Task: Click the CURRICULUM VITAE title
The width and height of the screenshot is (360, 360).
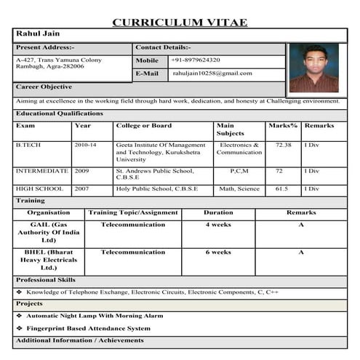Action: (x=180, y=22)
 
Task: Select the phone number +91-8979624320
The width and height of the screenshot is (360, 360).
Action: (x=196, y=60)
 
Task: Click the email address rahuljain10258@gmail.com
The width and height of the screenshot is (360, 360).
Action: (x=212, y=73)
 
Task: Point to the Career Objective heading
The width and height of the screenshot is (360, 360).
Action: (x=44, y=87)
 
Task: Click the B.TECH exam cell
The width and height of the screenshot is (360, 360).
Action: (x=28, y=145)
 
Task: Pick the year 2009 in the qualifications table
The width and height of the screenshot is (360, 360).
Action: (x=81, y=171)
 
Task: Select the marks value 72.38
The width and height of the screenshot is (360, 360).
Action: (x=283, y=145)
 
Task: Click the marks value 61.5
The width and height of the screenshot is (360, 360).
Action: (x=281, y=188)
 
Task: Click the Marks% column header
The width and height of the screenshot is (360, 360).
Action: (x=283, y=126)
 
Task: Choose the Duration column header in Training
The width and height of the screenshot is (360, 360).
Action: (x=218, y=213)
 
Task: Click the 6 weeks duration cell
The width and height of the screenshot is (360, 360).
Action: (x=218, y=252)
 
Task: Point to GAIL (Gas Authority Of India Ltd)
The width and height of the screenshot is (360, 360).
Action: (x=49, y=232)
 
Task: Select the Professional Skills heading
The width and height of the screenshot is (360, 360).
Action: (x=46, y=279)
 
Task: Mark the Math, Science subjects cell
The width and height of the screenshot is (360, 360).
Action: (x=239, y=188)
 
